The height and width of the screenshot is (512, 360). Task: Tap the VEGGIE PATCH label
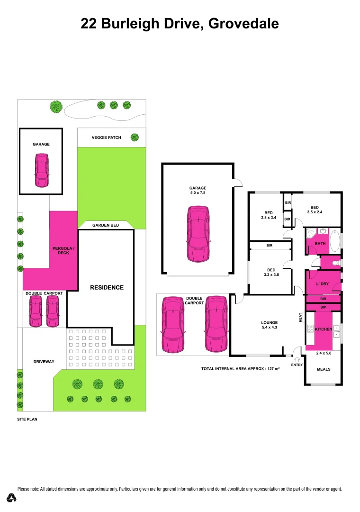[x=106, y=137]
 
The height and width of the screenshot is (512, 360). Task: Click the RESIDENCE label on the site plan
[x=107, y=287]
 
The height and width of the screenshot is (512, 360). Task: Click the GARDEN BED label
[x=106, y=225]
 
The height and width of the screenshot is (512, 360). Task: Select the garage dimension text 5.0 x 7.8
[x=198, y=193]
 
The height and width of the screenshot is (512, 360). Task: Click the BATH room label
[x=320, y=244]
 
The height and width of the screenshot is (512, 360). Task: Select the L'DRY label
[x=322, y=284]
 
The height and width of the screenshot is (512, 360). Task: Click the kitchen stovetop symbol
[x=311, y=329]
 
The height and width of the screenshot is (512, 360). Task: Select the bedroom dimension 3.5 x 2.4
[x=315, y=213]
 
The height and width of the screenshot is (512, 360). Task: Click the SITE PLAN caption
[x=27, y=420]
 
